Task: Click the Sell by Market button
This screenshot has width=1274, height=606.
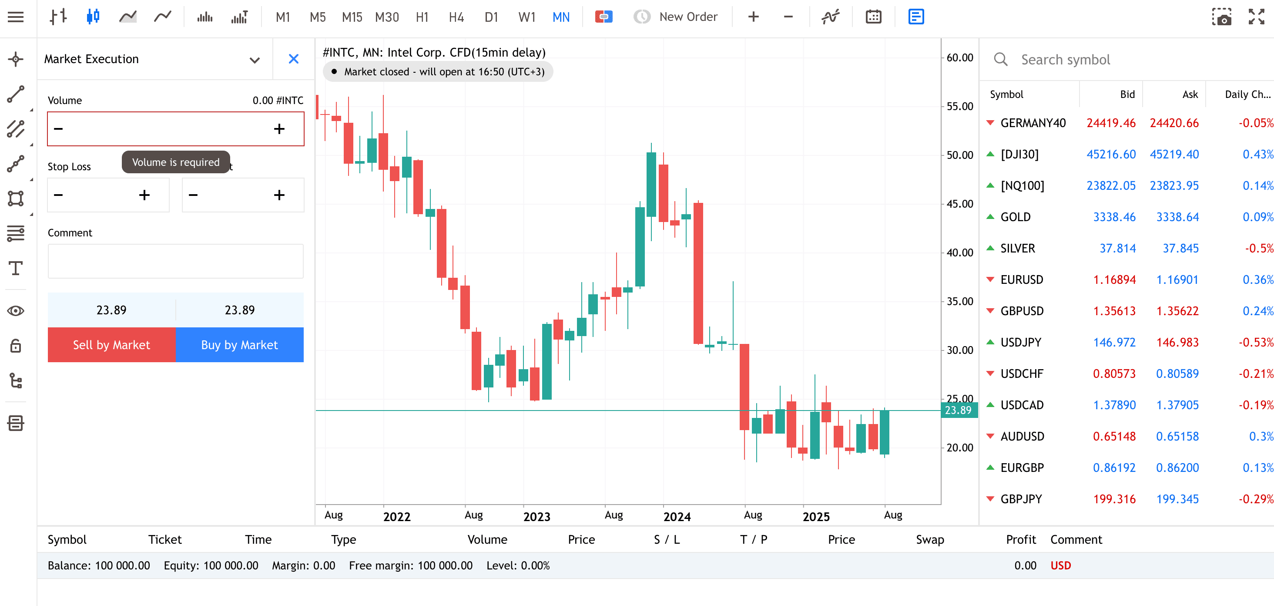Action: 111,345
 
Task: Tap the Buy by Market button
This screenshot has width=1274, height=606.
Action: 239,345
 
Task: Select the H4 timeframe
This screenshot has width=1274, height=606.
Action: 456,17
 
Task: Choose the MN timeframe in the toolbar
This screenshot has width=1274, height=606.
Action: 561,17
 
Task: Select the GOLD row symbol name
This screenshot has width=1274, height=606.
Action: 1016,217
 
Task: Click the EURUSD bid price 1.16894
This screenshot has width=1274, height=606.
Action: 1114,280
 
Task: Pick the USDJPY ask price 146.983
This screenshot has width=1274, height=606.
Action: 1177,342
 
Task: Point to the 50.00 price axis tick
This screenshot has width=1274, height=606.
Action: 959,155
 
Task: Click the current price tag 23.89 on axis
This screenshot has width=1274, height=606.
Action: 959,410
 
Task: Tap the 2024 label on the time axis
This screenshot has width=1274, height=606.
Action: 677,517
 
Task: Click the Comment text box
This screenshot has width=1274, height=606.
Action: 176,261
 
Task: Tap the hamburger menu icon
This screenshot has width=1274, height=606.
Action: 16,17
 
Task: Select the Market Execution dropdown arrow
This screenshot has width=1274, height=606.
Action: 255,61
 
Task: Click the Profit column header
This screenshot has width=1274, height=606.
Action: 1021,540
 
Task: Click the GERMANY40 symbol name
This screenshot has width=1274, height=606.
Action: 1033,123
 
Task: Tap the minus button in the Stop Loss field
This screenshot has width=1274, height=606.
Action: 58,195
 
